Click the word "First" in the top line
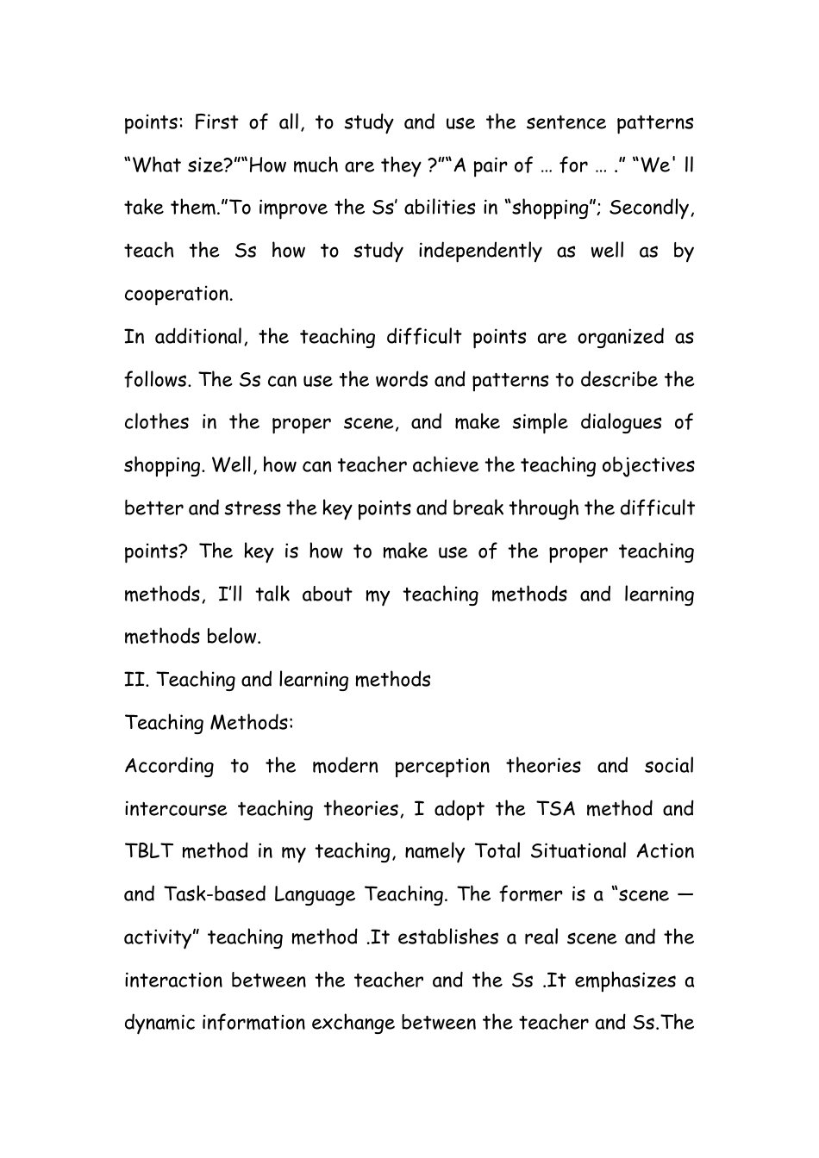point(216,122)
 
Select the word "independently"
point(480,252)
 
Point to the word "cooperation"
point(178,294)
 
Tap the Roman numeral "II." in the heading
point(137,680)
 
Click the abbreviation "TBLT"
point(147,851)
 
